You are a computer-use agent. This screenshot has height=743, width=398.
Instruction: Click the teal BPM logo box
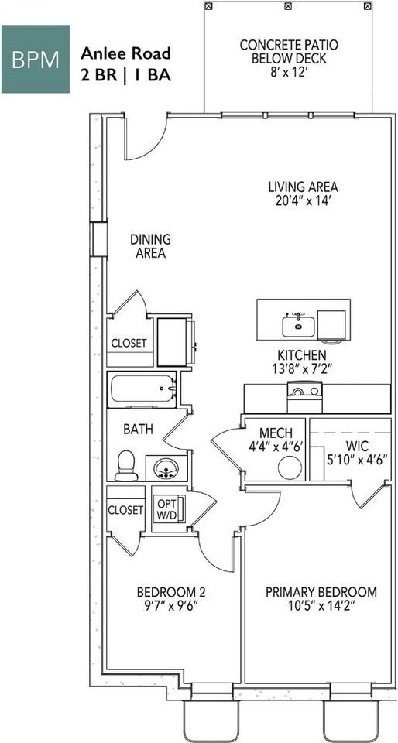[x=35, y=59]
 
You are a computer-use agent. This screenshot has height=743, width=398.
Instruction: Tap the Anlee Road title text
[x=125, y=53]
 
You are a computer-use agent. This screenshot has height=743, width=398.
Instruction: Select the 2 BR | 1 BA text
[x=125, y=75]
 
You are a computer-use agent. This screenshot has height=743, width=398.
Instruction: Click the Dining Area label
[x=150, y=246]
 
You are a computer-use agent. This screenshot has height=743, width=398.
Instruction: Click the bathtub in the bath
[x=142, y=388]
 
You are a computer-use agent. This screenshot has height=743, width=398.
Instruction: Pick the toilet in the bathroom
[x=125, y=465]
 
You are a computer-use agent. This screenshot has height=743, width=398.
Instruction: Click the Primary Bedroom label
[x=321, y=592]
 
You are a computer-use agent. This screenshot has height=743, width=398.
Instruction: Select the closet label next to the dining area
[x=129, y=342]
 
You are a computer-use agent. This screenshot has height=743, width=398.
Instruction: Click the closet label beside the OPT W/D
[x=125, y=509]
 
